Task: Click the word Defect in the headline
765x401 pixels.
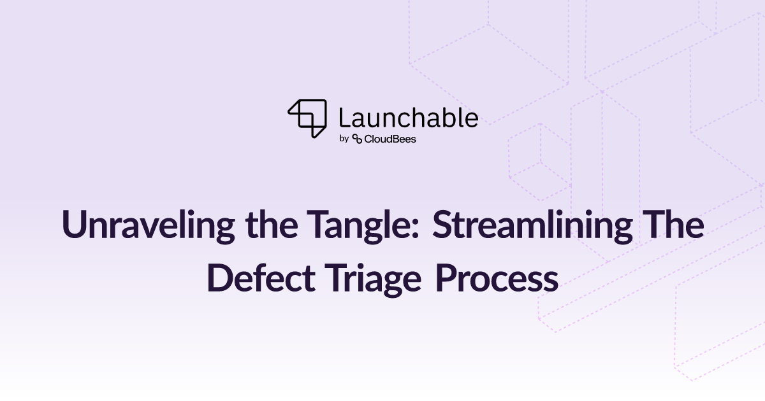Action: coord(261,279)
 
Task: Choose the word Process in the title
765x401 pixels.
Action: coord(497,279)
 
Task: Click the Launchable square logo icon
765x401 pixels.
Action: coord(307,118)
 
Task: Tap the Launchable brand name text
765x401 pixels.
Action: coord(409,118)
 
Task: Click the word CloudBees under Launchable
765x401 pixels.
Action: coord(390,139)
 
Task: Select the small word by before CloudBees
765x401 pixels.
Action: coord(344,139)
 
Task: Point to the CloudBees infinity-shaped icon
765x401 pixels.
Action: coord(357,139)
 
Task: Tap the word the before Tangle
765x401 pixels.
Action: coord(272,225)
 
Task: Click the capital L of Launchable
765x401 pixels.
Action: coord(344,118)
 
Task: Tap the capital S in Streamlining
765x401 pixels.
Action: coord(443,225)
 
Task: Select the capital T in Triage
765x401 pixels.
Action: coord(336,278)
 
